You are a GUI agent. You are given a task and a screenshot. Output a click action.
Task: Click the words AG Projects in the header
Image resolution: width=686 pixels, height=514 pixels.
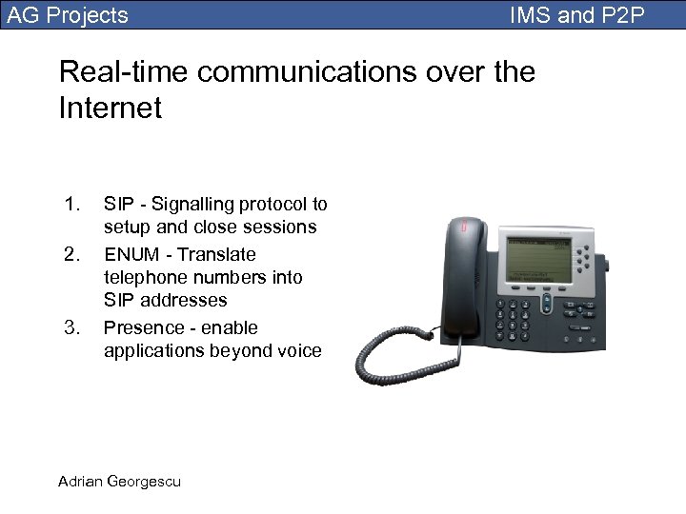68,15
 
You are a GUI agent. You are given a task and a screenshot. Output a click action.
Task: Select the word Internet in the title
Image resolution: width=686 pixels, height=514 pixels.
110,108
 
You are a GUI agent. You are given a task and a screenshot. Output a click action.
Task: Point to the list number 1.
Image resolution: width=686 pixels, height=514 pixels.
71,204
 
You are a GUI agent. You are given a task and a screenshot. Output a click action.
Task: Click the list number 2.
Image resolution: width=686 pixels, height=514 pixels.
71,254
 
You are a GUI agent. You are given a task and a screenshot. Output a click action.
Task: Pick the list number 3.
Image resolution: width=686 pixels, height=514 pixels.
71,327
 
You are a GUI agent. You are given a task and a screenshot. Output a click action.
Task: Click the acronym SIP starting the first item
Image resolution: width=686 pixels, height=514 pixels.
118,204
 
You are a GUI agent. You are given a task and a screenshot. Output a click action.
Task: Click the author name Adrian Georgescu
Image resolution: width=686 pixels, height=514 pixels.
119,481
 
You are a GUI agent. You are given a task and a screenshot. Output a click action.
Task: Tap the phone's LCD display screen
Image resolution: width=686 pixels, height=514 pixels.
539,258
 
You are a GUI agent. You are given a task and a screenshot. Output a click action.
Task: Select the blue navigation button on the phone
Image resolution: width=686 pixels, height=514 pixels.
546,302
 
